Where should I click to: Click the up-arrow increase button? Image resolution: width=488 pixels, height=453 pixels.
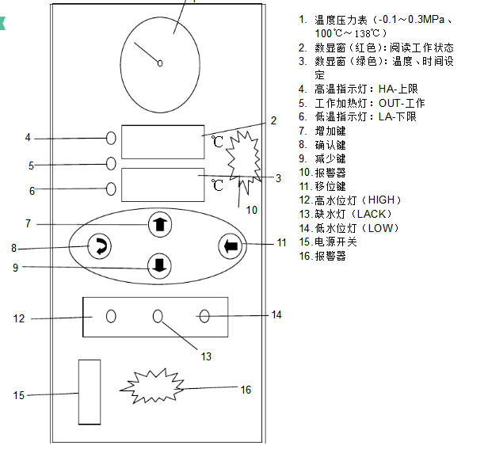(x=160, y=224)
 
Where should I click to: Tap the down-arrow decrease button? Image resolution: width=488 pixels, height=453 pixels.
(x=160, y=265)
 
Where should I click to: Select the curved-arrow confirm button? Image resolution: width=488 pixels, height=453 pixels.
(x=99, y=247)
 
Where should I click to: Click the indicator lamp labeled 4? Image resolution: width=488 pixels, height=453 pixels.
(x=112, y=139)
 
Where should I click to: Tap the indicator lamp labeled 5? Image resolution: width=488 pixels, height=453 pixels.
(x=112, y=164)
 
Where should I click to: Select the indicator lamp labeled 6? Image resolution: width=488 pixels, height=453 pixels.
(x=112, y=189)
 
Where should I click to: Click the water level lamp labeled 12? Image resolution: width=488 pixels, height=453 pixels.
(x=111, y=316)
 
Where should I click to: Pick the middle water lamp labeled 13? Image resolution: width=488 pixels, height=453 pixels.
(x=158, y=316)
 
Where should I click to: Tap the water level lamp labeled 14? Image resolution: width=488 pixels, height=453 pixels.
(x=204, y=316)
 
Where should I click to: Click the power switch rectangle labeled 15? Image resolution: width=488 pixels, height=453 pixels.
(x=90, y=392)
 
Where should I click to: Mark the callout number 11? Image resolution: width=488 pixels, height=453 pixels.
(x=281, y=243)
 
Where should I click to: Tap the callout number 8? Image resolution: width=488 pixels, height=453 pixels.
(x=13, y=248)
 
